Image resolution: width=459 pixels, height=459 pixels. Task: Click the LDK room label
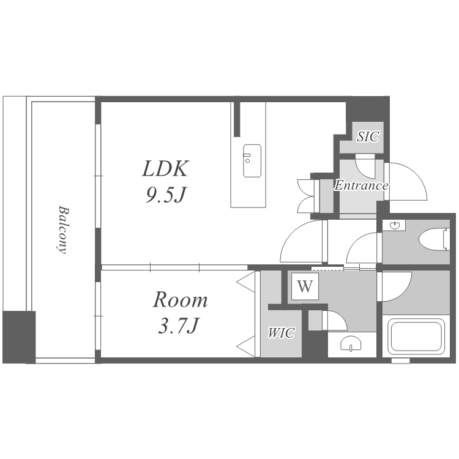pyautogui.click(x=166, y=169)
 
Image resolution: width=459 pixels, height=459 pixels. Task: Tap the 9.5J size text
pyautogui.click(x=166, y=195)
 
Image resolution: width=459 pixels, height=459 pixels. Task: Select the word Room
pyautogui.click(x=181, y=299)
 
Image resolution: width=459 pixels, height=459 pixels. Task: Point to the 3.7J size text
pyautogui.click(x=179, y=325)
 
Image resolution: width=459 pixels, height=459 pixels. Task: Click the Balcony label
pyautogui.click(x=62, y=229)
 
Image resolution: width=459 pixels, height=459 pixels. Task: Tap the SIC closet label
pyautogui.click(x=368, y=136)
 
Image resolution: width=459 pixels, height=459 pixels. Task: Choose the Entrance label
pyautogui.click(x=361, y=185)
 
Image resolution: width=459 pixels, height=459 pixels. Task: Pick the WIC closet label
pyautogui.click(x=282, y=333)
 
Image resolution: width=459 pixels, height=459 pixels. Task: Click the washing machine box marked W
pyautogui.click(x=305, y=286)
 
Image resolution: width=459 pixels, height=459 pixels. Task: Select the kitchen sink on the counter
pyautogui.click(x=252, y=161)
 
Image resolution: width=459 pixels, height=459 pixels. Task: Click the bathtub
pyautogui.click(x=416, y=337)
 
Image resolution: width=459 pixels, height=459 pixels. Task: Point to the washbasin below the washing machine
pyautogui.click(x=351, y=343)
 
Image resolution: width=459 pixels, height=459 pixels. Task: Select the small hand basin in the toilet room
pyautogui.click(x=395, y=225)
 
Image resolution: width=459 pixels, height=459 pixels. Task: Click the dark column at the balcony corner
pyautogui.click(x=20, y=337)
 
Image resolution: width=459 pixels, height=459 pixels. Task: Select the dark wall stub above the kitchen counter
pyautogui.click(x=237, y=119)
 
